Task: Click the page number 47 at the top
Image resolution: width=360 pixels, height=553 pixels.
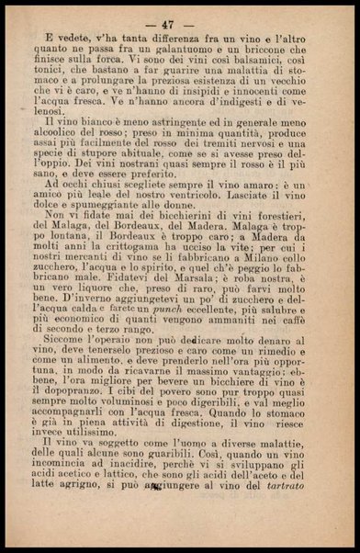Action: click(x=179, y=23)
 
